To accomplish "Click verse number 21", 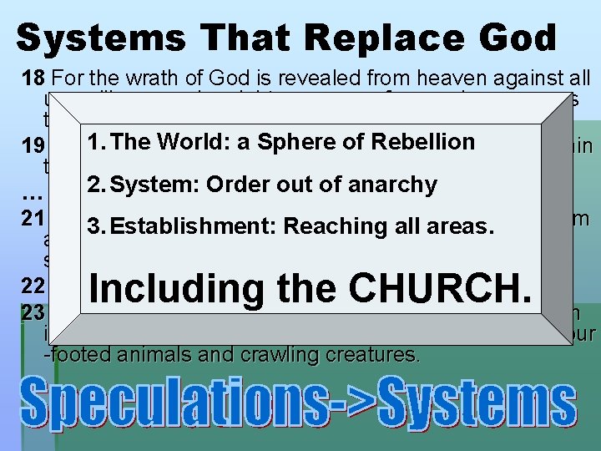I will (32, 218).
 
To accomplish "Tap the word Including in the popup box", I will (169, 289).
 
